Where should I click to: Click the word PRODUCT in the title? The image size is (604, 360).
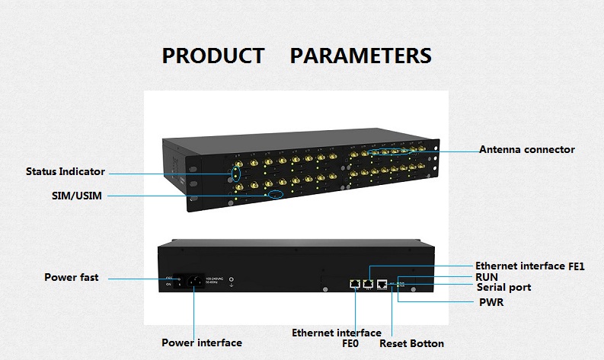[213, 56]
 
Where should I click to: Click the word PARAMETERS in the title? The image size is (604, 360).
[361, 56]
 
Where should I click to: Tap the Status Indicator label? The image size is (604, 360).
[66, 171]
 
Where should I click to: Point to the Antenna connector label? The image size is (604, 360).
[527, 149]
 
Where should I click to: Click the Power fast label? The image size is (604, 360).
[72, 278]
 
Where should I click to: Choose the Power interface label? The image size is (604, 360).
[202, 342]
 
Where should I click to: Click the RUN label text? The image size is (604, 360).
[487, 277]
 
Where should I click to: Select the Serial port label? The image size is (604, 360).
[503, 288]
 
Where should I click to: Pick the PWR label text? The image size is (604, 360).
[491, 303]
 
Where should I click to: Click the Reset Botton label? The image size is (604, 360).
[411, 343]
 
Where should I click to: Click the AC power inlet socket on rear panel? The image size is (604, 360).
[194, 284]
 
